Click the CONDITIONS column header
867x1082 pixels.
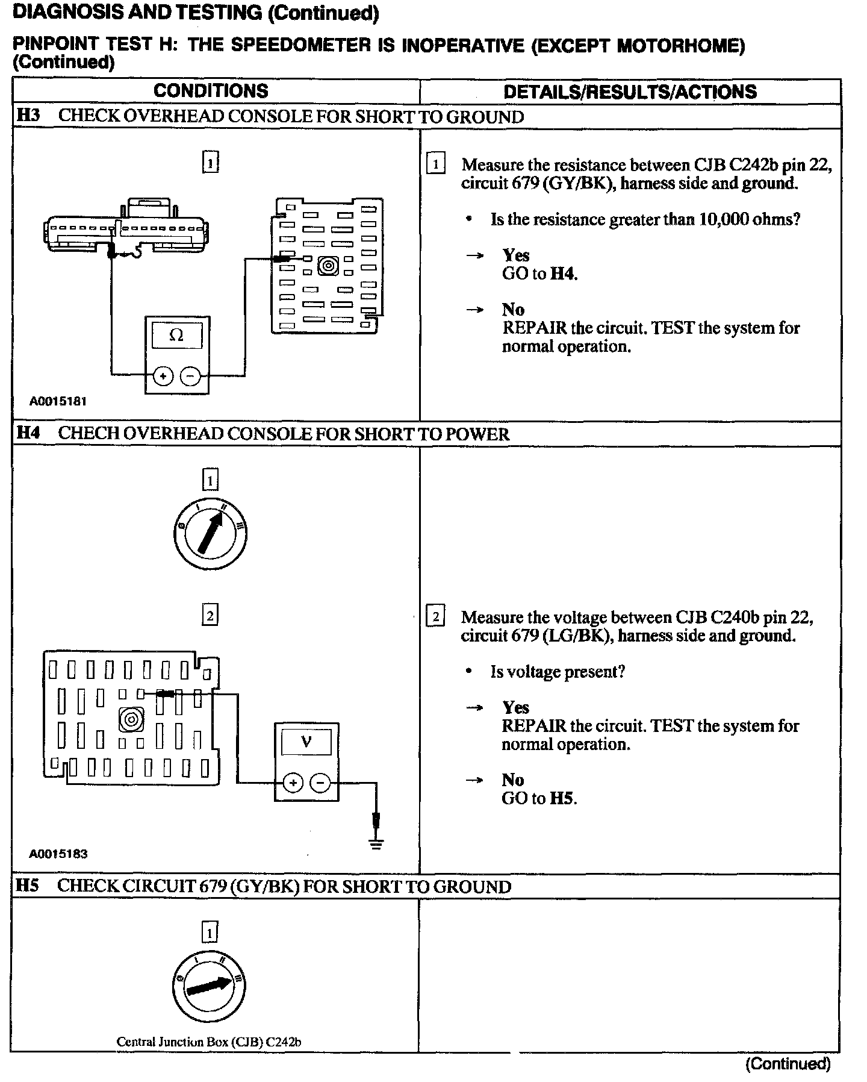point(211,91)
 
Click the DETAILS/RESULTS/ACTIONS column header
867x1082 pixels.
point(630,92)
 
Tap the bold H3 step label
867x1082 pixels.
point(28,116)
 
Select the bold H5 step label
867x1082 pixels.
point(27,886)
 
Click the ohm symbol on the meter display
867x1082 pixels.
point(176,335)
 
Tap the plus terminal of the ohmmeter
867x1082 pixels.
point(163,377)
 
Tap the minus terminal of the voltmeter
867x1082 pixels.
point(320,783)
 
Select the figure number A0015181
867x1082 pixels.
point(58,401)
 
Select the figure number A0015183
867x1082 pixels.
point(58,854)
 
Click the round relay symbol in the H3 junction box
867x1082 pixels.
point(328,266)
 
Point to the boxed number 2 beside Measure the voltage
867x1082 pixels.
point(435,617)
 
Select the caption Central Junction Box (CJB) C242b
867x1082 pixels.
point(208,1042)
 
